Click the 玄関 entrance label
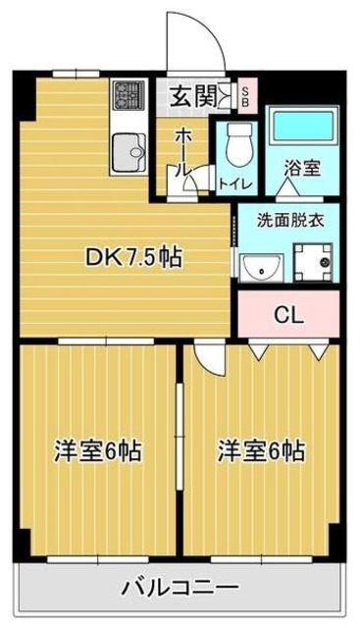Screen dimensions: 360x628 pos(193,96)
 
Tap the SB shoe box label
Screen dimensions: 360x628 pos(245,96)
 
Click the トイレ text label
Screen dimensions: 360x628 pos(235,183)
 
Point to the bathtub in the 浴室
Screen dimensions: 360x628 pos(303,126)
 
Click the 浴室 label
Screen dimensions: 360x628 pos(303,167)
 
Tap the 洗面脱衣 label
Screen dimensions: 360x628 pos(290,220)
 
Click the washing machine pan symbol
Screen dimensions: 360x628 pos(313,262)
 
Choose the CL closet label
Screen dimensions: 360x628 pos(288,315)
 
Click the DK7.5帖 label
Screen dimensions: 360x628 pos(134,256)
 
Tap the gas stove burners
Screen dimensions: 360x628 pos(129,95)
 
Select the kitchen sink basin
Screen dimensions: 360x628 pos(129,152)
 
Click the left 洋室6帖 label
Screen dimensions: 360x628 pos(98,451)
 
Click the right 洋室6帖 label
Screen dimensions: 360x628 pos(261,451)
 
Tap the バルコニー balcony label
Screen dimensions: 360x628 pos(180,588)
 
